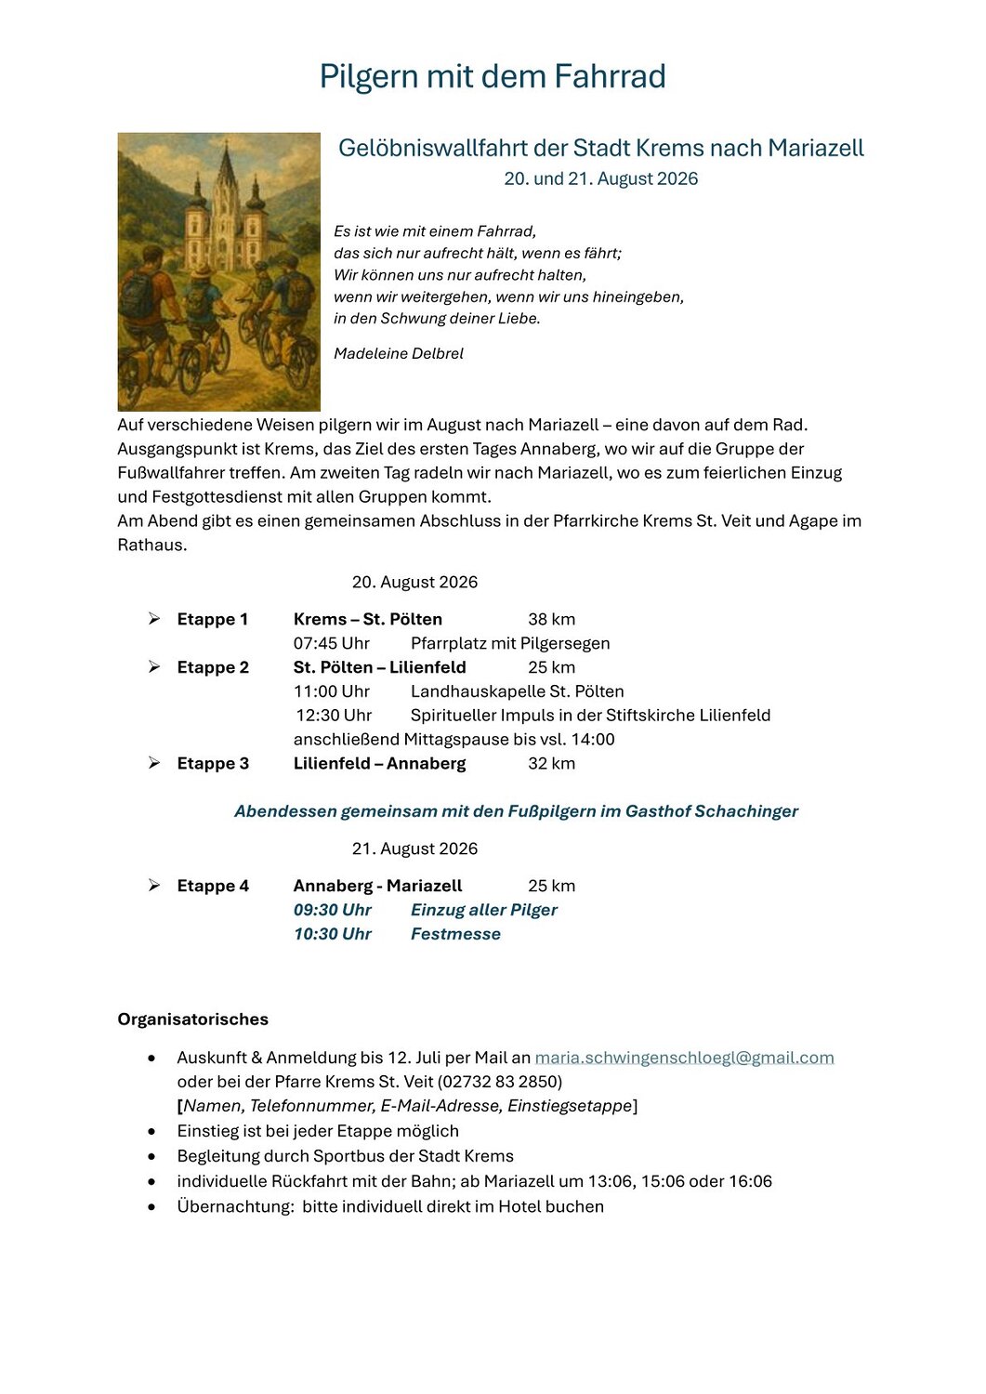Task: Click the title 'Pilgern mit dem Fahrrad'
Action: coord(493,76)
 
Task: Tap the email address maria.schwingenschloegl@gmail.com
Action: coord(684,1058)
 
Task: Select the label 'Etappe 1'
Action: coord(213,620)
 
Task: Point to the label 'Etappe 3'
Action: coord(213,764)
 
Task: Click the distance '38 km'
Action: coord(551,620)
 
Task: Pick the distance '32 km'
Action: coord(551,764)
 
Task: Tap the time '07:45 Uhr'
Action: coord(332,644)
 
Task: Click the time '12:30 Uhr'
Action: coord(334,716)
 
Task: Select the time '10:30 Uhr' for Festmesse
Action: coord(333,935)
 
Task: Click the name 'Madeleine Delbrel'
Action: coord(398,354)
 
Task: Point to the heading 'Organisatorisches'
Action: coord(193,1019)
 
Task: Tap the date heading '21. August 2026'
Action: coord(414,849)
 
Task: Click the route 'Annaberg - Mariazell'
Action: coord(377,887)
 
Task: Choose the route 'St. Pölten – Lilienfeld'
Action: coord(379,668)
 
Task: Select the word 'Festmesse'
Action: coord(455,935)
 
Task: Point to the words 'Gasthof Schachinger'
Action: coord(712,812)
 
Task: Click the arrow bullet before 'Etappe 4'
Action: coord(154,886)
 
